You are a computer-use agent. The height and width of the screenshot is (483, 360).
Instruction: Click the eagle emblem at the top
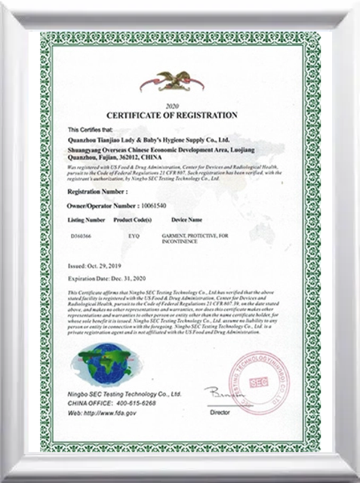point(182,80)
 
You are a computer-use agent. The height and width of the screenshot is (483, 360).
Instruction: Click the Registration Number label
point(94,193)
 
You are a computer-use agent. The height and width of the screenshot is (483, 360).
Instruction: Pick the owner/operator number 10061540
point(155,205)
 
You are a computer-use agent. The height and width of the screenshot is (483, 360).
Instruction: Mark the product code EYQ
point(134,237)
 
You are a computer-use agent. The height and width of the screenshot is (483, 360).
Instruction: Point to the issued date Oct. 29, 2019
point(107,267)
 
